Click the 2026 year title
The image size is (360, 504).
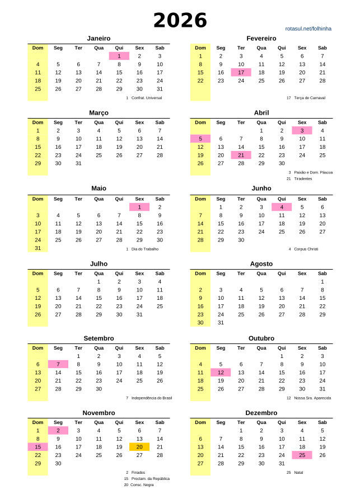click(x=180, y=21)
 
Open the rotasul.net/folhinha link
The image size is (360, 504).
click(x=308, y=28)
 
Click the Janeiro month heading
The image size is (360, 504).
click(x=99, y=38)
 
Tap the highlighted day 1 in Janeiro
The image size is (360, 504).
click(x=119, y=56)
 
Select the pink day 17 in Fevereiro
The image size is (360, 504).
click(x=241, y=72)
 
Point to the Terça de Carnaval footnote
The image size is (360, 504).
click(x=310, y=98)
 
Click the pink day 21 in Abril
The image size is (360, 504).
click(x=241, y=155)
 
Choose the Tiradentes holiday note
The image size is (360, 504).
click(x=303, y=179)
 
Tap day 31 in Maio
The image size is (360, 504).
click(x=38, y=248)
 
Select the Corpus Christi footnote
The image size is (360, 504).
click(x=306, y=249)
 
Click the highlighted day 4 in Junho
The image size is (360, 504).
click(x=282, y=207)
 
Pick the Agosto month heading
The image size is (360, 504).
click(x=261, y=263)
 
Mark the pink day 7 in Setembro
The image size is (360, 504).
click(x=58, y=364)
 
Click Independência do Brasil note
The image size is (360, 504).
click(x=151, y=398)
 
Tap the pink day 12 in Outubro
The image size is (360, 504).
click(x=221, y=373)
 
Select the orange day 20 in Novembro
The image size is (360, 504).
click(x=139, y=447)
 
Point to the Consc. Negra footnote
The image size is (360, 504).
click(x=142, y=485)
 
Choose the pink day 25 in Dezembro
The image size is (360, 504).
click(x=302, y=455)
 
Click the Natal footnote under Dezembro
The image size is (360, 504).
click(x=298, y=473)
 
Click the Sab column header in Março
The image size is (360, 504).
click(x=160, y=122)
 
